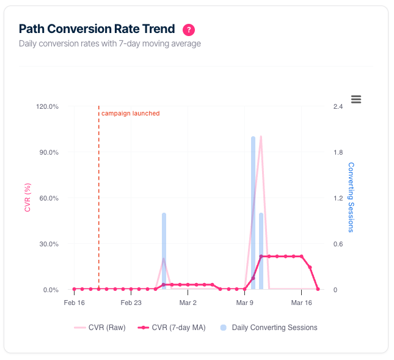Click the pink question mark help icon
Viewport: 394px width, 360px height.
189,29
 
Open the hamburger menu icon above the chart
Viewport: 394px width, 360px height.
356,99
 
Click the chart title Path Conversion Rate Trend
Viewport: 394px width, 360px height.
97,29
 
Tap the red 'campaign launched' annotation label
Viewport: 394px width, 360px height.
130,113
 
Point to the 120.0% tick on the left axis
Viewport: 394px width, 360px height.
47,106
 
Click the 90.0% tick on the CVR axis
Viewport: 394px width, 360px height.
48,152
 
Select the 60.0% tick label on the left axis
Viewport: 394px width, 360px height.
48,198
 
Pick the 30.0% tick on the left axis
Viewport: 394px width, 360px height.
48,244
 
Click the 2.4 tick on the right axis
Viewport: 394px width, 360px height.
337,106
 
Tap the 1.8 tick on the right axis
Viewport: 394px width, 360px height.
337,152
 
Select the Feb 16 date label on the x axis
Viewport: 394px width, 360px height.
74,303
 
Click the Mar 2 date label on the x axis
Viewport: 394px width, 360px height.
188,303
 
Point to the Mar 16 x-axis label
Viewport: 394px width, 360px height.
301,303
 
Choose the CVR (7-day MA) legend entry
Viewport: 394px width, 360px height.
172,328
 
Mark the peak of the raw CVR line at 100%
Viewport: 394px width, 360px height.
261,137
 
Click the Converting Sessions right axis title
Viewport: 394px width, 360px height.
351,197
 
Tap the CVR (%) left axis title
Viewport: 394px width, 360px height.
27,198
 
